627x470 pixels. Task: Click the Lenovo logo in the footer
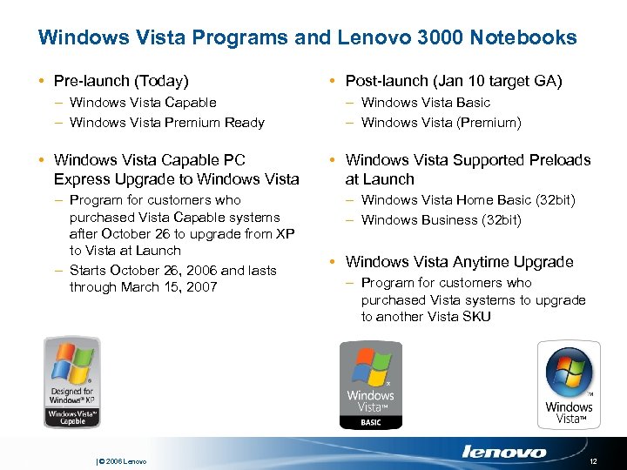click(504, 452)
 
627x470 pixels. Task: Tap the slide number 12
click(594, 460)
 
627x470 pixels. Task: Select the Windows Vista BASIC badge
click(371, 385)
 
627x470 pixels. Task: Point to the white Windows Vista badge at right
click(568, 385)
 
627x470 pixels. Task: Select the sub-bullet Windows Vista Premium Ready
click(166, 123)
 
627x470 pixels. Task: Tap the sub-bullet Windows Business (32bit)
click(441, 220)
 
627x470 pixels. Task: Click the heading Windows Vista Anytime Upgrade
click(459, 262)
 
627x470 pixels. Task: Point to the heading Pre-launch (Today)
click(121, 81)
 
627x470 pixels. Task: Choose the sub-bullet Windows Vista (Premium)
click(441, 123)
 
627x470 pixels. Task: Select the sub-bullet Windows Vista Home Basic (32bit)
click(468, 200)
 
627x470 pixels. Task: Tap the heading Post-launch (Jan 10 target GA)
click(454, 81)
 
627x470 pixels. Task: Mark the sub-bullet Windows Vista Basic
click(426, 103)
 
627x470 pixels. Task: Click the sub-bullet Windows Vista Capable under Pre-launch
click(143, 103)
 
